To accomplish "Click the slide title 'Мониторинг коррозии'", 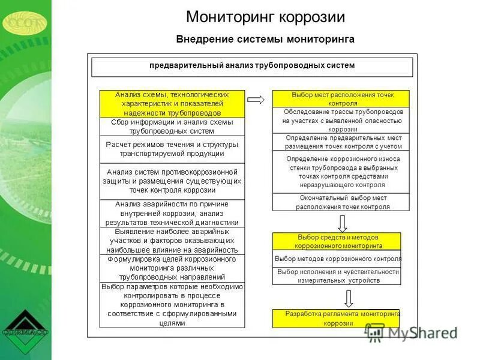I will point(265,16).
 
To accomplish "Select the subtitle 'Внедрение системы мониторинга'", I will point(265,39).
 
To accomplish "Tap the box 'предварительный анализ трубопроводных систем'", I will point(252,66).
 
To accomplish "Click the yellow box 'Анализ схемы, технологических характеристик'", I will point(172,103).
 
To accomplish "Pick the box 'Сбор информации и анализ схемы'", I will point(172,126).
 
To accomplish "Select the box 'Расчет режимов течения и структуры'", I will point(172,149).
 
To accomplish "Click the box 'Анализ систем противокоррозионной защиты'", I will point(172,181).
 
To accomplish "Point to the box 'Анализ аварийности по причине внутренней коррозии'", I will point(172,213).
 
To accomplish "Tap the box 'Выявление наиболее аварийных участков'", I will point(172,241).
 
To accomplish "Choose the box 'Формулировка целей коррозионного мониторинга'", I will point(172,268).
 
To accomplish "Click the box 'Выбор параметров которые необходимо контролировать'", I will point(172,305).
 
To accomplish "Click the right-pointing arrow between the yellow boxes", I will point(256,100).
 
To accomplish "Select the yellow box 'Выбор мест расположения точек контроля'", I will point(341,99).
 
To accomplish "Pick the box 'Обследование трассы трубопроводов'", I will point(341,120).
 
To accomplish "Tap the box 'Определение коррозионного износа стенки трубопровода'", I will point(341,172).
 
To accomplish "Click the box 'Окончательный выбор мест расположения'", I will point(341,202).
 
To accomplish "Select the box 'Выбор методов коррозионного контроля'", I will point(337,259).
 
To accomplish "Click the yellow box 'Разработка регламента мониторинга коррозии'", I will point(336,318).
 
